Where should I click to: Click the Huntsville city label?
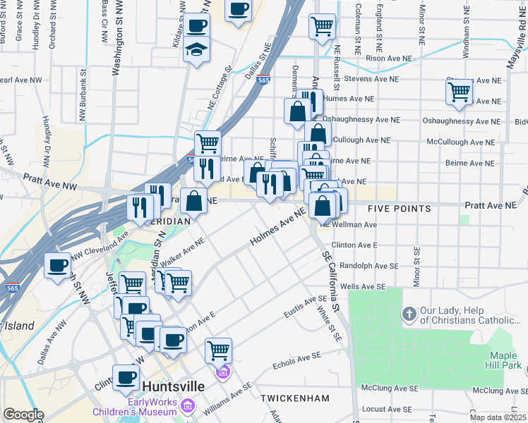tap(174, 386)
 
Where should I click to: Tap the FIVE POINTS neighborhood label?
tap(400, 209)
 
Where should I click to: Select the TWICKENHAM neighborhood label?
tap(295, 398)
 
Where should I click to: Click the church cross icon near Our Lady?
tap(409, 313)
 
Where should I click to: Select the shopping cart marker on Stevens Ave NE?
tap(459, 92)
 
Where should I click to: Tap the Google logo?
tap(23, 415)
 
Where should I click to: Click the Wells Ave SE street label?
tap(363, 287)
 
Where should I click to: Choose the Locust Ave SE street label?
tap(385, 409)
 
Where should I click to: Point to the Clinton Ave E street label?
tap(354, 245)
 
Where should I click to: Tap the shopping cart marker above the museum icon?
tap(218, 349)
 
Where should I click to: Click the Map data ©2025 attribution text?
tap(498, 417)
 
